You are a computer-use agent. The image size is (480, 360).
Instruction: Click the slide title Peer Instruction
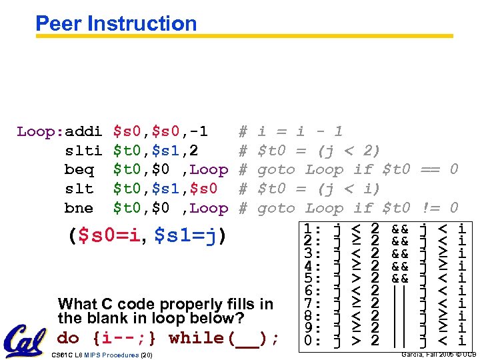[x=116, y=24]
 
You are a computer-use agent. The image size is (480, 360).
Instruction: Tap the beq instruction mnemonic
[x=79, y=170]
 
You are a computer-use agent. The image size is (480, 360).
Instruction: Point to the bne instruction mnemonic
[x=79, y=208]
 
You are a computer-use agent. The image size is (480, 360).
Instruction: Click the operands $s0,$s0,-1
[x=161, y=131]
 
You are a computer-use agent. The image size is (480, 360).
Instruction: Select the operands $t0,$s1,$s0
[x=171, y=189]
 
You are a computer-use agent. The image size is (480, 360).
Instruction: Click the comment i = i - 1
[x=300, y=131]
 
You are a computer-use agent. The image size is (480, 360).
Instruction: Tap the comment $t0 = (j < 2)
[x=319, y=151]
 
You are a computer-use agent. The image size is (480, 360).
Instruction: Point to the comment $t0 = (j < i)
[x=319, y=189]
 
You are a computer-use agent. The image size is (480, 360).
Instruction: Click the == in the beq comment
[x=431, y=170]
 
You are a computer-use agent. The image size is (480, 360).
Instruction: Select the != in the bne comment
[x=431, y=208]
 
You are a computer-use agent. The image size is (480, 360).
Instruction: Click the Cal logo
[x=25, y=341]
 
